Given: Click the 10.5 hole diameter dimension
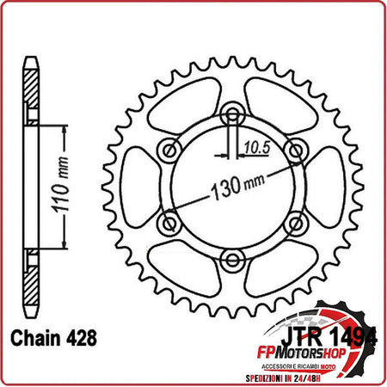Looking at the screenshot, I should (x=252, y=147).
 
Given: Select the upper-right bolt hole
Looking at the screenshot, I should (x=295, y=151).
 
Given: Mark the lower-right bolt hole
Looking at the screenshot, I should (x=295, y=223).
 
